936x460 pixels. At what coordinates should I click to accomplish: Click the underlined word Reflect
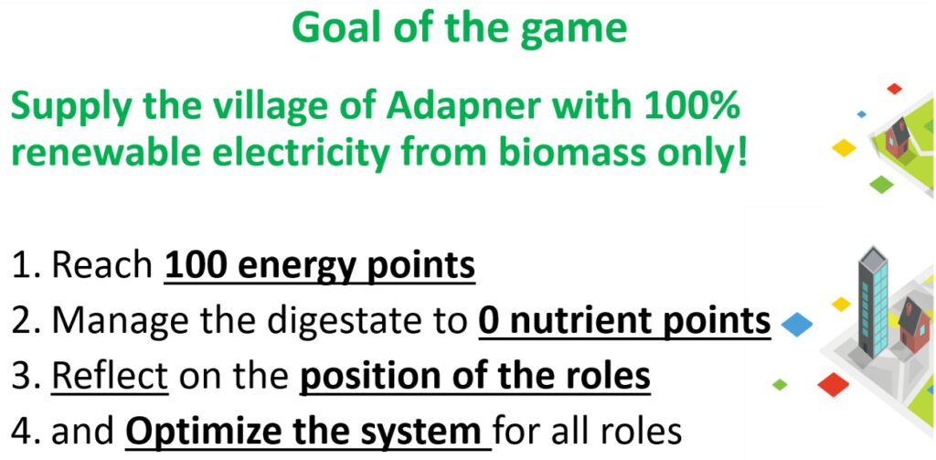point(110,377)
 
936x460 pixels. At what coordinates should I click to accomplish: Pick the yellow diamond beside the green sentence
point(844,147)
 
